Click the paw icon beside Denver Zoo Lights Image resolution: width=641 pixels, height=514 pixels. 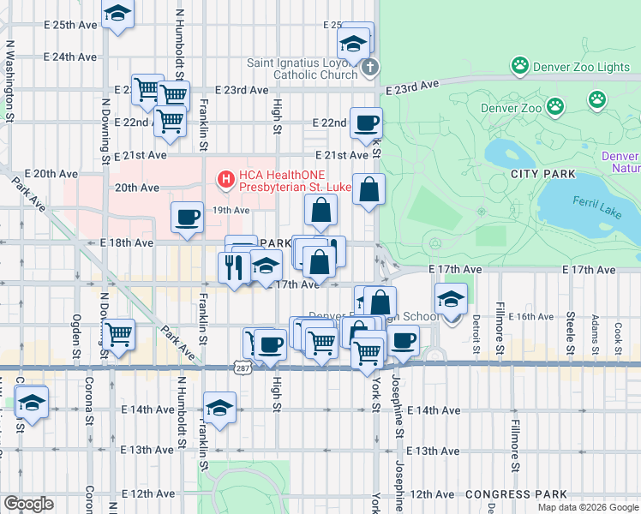click(519, 65)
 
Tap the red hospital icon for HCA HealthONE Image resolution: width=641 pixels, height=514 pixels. click(226, 179)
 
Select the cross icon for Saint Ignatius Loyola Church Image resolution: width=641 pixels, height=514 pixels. click(369, 67)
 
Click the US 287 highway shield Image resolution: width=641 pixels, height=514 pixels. click(244, 366)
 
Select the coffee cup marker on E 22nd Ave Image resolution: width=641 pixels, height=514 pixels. click(367, 124)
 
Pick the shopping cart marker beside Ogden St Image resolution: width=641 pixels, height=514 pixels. click(118, 333)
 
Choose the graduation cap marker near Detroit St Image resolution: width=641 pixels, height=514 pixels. click(451, 298)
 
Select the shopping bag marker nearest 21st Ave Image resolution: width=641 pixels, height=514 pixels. click(368, 188)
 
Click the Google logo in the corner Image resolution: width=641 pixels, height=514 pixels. click(28, 504)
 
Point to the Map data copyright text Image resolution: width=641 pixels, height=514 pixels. click(587, 507)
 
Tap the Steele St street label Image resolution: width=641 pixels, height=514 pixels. click(570, 327)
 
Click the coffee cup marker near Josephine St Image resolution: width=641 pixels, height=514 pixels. click(402, 339)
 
